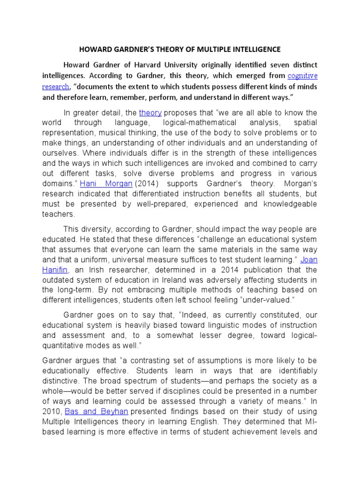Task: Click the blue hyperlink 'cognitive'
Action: pos(302,75)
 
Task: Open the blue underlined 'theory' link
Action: pos(150,112)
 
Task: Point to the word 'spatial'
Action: pos(304,123)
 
